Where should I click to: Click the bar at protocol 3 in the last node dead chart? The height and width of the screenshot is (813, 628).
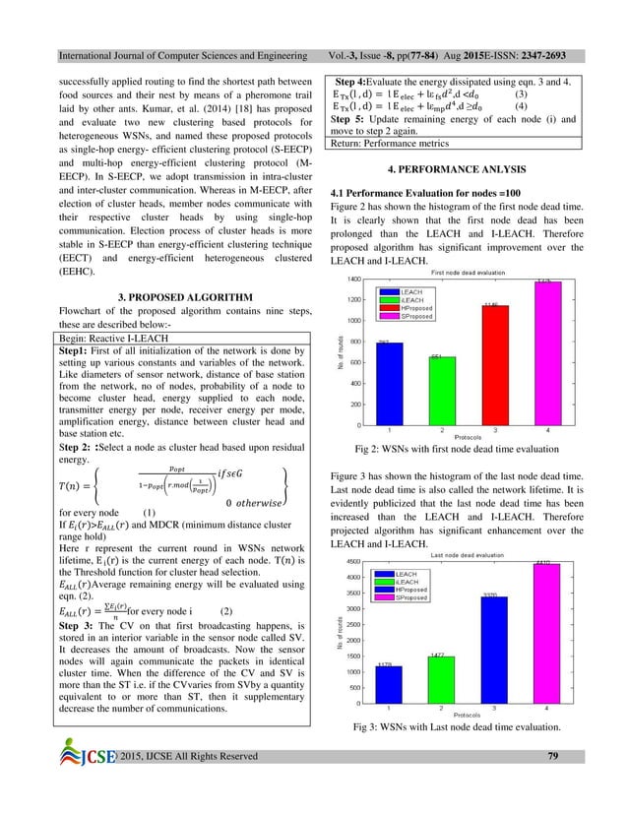coord(494,650)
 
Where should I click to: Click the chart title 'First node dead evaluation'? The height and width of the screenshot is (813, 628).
coord(468,272)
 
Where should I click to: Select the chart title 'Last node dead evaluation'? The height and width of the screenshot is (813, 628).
coord(468,555)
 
